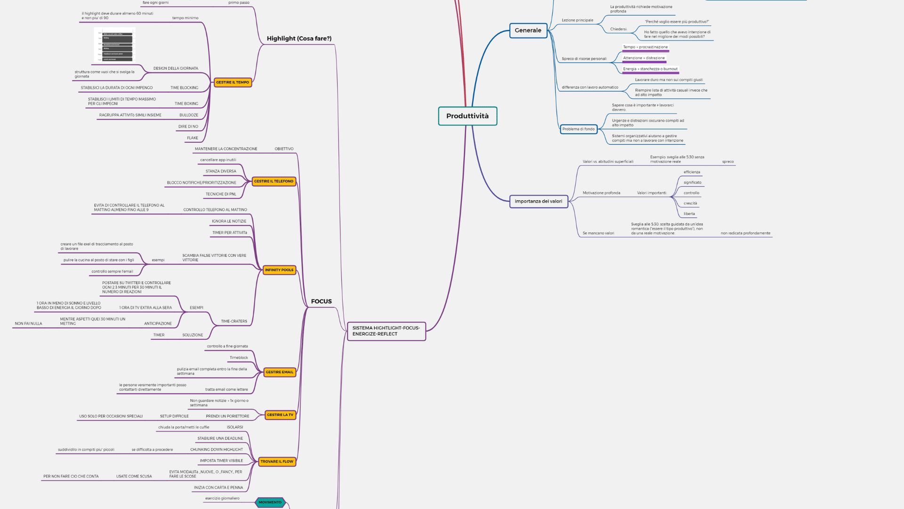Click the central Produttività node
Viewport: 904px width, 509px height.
tap(468, 116)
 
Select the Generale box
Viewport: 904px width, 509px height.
tap(528, 31)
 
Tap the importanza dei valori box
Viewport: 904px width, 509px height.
tap(538, 201)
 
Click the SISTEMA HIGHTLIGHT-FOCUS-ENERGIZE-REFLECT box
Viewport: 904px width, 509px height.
tap(386, 331)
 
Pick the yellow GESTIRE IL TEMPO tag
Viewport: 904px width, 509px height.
tap(233, 82)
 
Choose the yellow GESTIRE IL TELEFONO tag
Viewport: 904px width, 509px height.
tap(274, 181)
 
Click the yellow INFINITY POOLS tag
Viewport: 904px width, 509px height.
tap(279, 270)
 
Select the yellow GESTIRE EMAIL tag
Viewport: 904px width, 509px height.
tap(279, 372)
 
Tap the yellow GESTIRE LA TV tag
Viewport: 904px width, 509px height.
tap(280, 415)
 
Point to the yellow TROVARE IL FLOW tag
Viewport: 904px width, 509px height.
tap(277, 462)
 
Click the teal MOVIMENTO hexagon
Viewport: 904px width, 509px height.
tap(270, 502)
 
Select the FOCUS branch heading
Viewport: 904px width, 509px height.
tap(321, 302)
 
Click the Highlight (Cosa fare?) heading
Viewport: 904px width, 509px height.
tap(299, 39)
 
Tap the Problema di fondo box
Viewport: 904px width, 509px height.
tap(578, 129)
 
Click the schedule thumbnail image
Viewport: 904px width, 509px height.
tap(115, 45)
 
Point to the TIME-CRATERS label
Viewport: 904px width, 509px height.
tap(234, 321)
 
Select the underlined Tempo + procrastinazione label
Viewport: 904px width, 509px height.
tap(645, 47)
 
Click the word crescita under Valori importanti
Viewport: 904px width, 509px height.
tap(690, 204)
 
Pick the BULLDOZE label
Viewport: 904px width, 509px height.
tap(189, 115)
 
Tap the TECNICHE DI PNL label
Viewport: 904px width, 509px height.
tap(221, 194)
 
